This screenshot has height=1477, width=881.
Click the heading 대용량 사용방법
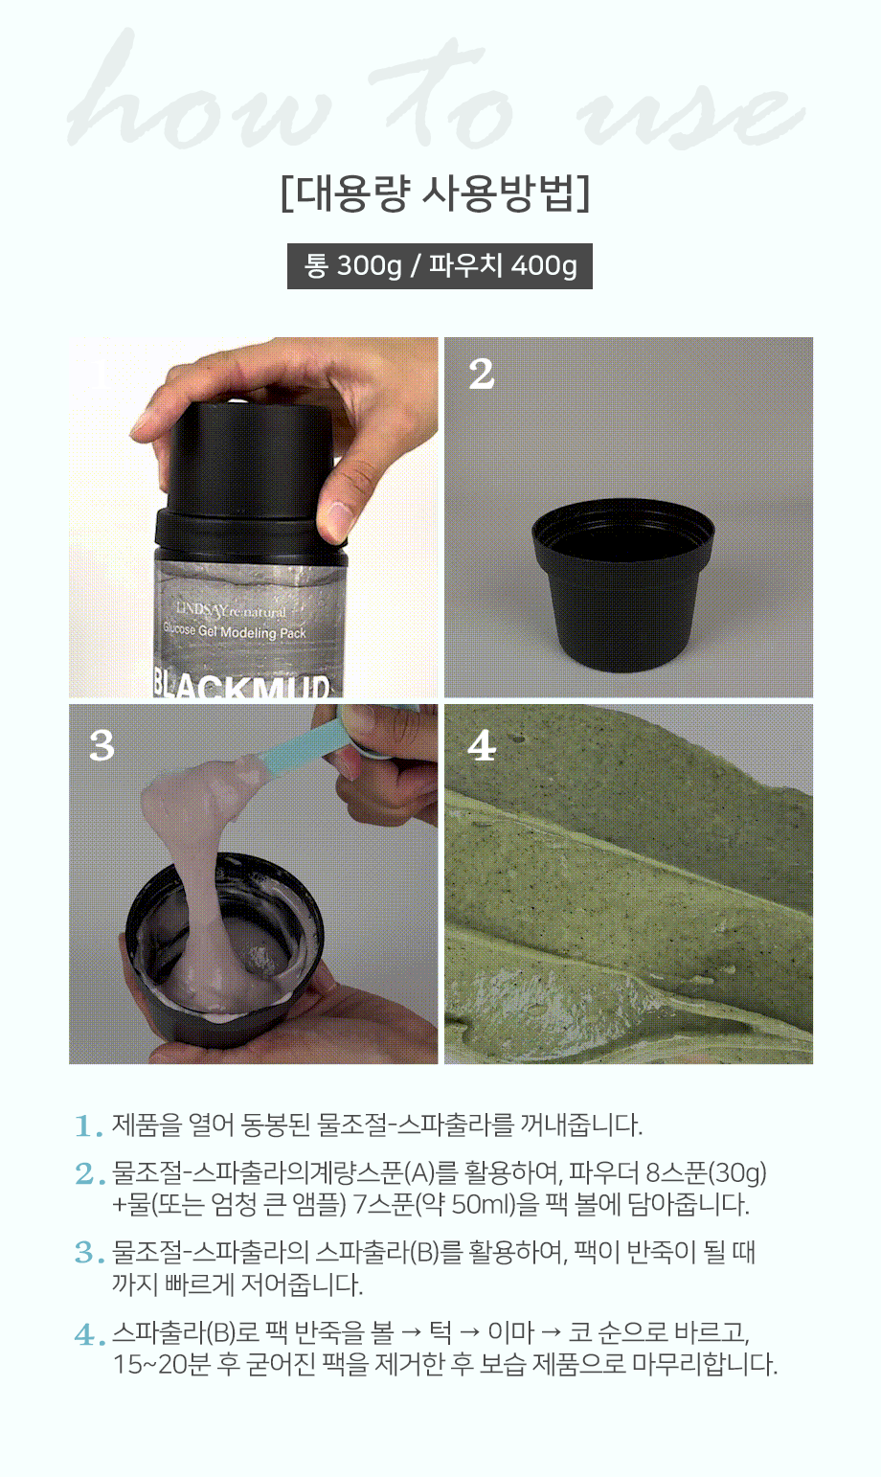(435, 193)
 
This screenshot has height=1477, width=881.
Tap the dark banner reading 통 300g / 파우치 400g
(440, 266)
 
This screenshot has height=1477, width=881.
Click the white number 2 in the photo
(482, 374)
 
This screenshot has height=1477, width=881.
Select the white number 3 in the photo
(102, 745)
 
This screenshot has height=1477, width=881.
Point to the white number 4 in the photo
(482, 746)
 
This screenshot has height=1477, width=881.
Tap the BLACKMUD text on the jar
(240, 685)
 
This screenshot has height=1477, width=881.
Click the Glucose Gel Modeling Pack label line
(235, 631)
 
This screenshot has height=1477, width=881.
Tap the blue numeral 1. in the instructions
(89, 1126)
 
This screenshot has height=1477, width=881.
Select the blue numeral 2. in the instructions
(90, 1174)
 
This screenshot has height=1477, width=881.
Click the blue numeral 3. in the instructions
(90, 1252)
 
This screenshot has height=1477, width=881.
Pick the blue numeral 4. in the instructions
(90, 1335)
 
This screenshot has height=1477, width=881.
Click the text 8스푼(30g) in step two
(706, 1173)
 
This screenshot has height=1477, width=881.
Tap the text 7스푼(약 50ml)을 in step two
(445, 1204)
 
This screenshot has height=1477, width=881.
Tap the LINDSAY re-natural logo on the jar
(231, 610)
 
